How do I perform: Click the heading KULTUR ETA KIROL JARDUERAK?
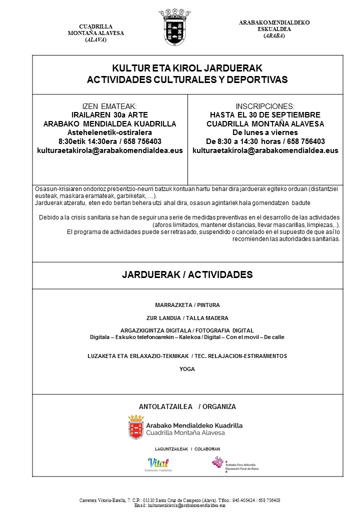click(x=187, y=68)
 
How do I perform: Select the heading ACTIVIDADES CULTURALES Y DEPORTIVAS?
click(x=187, y=79)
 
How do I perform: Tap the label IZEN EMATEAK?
click(x=109, y=106)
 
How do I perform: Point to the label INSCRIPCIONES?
click(x=265, y=106)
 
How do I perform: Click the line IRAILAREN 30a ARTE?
click(x=109, y=115)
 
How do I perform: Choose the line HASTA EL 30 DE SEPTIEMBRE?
click(x=265, y=115)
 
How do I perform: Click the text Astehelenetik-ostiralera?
click(x=109, y=132)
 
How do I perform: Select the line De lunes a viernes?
click(x=265, y=132)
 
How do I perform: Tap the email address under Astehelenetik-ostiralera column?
click(x=109, y=150)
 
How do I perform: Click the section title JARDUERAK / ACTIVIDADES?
click(x=187, y=275)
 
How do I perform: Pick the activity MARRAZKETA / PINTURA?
click(x=187, y=305)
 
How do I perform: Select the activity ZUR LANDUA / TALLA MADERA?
click(x=187, y=318)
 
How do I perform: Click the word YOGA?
click(x=187, y=369)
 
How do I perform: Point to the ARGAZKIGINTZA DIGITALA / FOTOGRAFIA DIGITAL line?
click(x=187, y=330)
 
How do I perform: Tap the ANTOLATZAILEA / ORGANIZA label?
click(x=187, y=406)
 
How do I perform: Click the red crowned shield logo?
click(x=136, y=426)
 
